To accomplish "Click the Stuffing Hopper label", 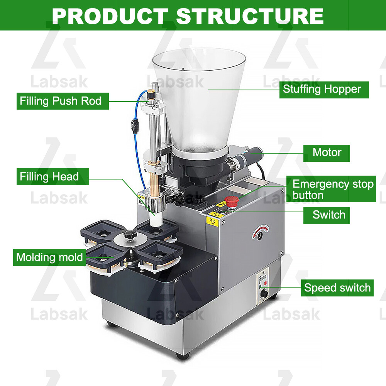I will [x=322, y=90].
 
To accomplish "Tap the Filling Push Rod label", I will [x=61, y=101].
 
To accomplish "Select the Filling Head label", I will [x=49, y=177].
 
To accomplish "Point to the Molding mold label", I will [x=49, y=257].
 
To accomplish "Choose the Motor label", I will [x=327, y=152].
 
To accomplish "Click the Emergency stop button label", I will [x=333, y=190].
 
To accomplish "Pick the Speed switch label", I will [x=337, y=288].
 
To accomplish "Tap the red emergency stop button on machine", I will [x=232, y=201].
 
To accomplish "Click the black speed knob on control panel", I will [x=264, y=294].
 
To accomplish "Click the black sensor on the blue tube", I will [x=135, y=125].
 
